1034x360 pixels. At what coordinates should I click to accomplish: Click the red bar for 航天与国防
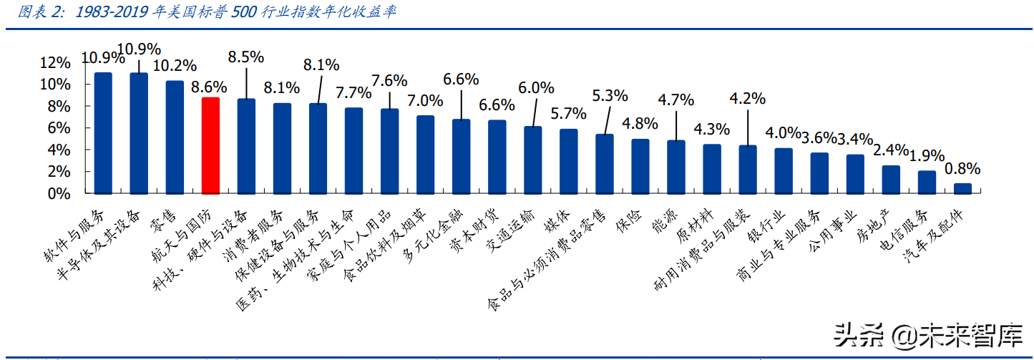tap(210, 146)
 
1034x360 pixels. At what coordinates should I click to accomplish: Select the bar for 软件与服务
tap(103, 133)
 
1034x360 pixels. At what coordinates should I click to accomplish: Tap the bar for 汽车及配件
tap(962, 188)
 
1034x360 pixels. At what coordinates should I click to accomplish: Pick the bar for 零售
tap(175, 137)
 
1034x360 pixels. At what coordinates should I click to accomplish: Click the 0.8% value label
tap(962, 170)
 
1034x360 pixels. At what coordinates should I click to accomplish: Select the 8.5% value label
tap(245, 56)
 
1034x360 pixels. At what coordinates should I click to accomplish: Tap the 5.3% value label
tap(610, 95)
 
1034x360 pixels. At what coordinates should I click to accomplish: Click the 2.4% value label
tap(890, 150)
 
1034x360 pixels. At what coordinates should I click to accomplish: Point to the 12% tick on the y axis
tap(56, 63)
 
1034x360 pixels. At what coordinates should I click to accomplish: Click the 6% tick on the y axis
tap(59, 128)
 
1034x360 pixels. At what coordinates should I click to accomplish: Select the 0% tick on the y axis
tap(59, 194)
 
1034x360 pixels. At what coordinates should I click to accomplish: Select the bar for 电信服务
tap(927, 182)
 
